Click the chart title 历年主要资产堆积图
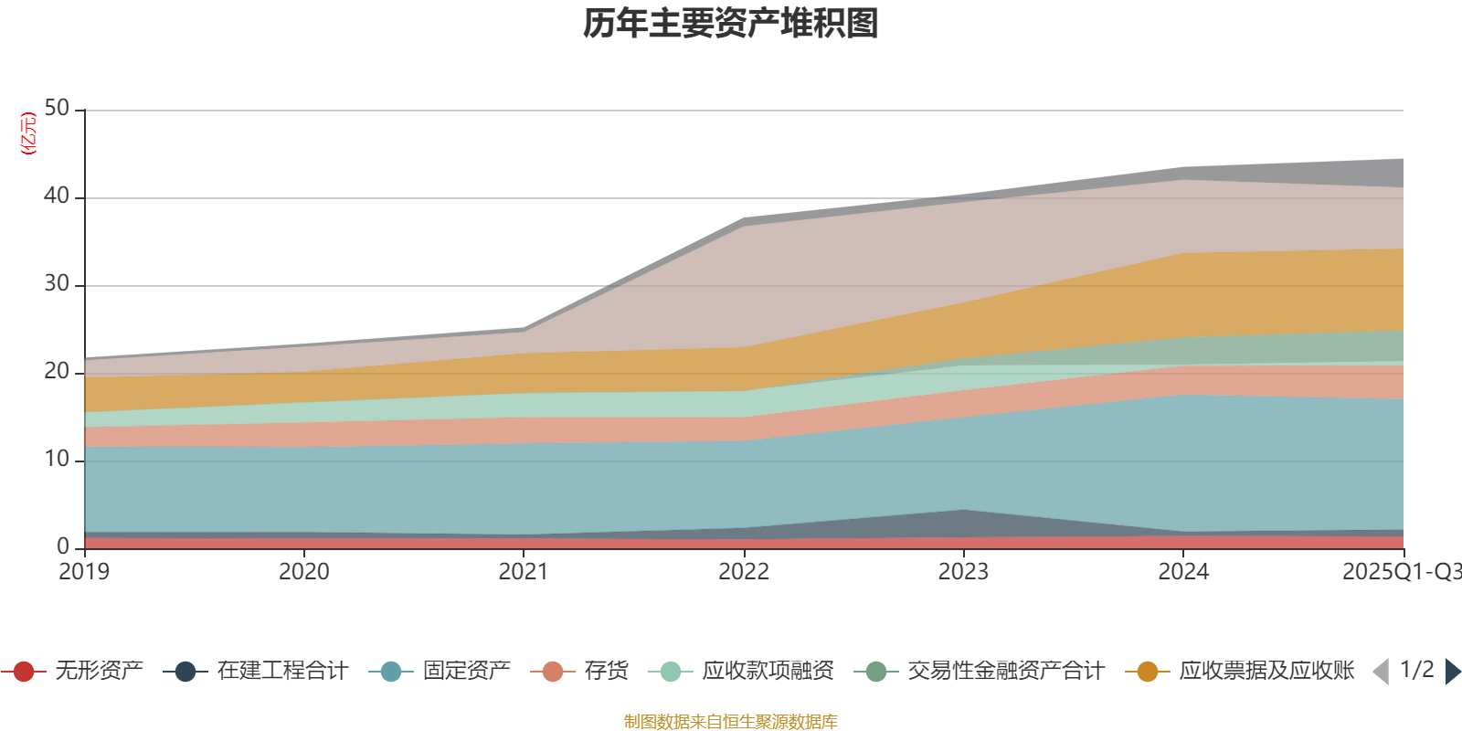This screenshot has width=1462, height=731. [731, 24]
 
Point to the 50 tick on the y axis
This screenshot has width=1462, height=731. [57, 109]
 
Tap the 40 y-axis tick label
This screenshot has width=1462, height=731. [57, 196]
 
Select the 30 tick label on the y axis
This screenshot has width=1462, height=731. [57, 284]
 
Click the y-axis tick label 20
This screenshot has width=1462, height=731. [57, 372]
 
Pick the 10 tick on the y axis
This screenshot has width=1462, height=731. [57, 460]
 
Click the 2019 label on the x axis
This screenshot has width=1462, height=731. [84, 572]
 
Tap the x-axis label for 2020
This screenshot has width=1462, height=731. [303, 572]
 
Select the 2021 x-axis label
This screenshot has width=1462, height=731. [524, 572]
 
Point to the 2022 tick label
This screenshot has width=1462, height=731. [744, 572]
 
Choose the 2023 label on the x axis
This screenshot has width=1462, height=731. [963, 572]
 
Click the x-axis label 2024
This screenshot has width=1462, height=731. [1183, 572]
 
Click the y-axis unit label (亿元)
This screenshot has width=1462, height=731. [28, 133]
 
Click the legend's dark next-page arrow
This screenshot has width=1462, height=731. [1452, 672]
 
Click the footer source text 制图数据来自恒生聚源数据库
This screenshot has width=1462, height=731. [731, 722]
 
